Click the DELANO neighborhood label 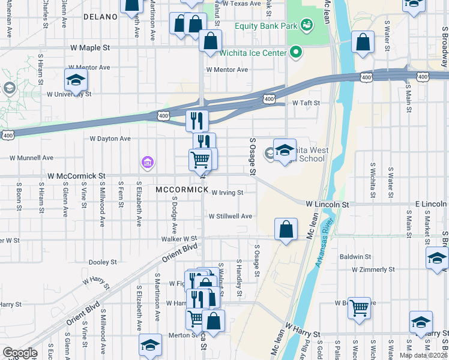101,17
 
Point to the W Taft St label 306,103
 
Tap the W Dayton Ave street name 110,139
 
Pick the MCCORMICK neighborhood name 181,190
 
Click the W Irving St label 227,193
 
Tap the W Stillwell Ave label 231,216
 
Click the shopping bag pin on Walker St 286,229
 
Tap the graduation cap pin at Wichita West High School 285,151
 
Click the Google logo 20,353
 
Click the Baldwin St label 352,257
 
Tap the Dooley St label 102,262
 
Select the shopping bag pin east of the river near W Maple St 363,43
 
